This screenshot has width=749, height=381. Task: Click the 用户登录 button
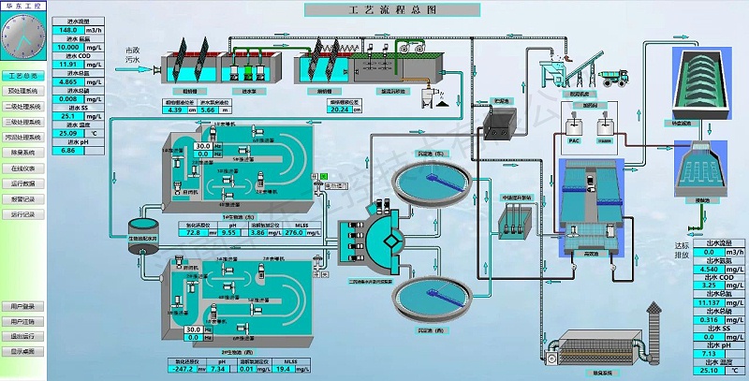pos(23,306)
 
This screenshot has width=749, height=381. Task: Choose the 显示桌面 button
pos(23,351)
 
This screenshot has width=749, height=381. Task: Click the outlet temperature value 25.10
pos(706,371)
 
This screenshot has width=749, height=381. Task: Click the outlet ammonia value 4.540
pos(706,270)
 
